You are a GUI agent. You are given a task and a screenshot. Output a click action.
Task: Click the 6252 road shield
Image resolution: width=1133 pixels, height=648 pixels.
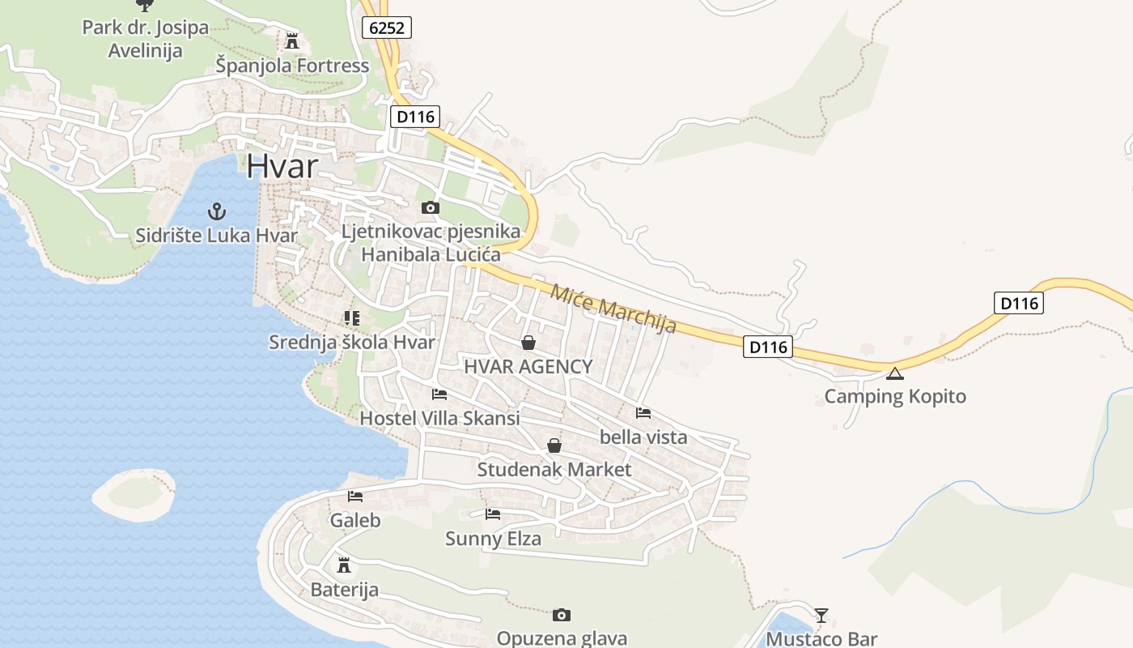(x=387, y=28)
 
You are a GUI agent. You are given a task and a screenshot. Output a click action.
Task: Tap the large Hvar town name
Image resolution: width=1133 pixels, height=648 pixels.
(x=282, y=165)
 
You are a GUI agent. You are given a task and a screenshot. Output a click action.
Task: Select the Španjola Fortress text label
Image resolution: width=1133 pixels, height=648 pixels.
(x=292, y=66)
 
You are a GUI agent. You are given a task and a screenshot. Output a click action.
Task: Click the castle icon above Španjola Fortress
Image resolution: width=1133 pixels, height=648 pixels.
(x=292, y=40)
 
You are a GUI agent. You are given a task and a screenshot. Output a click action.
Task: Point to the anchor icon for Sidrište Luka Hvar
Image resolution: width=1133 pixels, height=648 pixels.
(x=216, y=212)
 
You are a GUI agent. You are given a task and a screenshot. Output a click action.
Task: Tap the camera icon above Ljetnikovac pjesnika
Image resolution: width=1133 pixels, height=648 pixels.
(x=431, y=208)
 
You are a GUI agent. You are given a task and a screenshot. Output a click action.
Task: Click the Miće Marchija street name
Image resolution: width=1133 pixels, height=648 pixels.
(x=613, y=308)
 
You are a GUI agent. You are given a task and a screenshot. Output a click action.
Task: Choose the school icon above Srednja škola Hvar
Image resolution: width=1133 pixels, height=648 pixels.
(x=351, y=318)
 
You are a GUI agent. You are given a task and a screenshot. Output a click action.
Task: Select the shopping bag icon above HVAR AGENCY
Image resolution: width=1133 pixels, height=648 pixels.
(x=528, y=343)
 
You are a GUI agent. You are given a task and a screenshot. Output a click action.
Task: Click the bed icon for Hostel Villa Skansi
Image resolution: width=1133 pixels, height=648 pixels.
(x=439, y=394)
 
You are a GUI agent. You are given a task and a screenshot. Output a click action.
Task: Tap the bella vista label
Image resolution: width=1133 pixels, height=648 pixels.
(x=643, y=437)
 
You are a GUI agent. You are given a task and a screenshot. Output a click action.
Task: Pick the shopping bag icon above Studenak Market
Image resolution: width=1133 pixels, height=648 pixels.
(x=554, y=446)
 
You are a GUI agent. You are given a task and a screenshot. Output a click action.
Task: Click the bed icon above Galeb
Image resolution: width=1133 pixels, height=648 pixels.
(x=355, y=497)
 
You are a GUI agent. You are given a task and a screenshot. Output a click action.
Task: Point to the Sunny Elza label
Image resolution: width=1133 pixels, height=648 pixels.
(x=493, y=539)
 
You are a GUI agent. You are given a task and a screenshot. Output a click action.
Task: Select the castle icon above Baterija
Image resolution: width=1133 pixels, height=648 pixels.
(x=344, y=565)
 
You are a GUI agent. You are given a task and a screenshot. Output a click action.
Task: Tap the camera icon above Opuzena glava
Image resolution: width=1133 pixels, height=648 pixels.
(x=562, y=616)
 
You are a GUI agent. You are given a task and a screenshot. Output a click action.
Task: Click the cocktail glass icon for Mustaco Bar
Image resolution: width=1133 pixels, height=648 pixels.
(x=821, y=616)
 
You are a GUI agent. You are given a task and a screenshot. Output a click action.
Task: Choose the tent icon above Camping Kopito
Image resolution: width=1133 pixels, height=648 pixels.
(x=894, y=373)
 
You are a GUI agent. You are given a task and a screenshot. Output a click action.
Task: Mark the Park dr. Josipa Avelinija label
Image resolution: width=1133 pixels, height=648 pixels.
(x=146, y=39)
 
